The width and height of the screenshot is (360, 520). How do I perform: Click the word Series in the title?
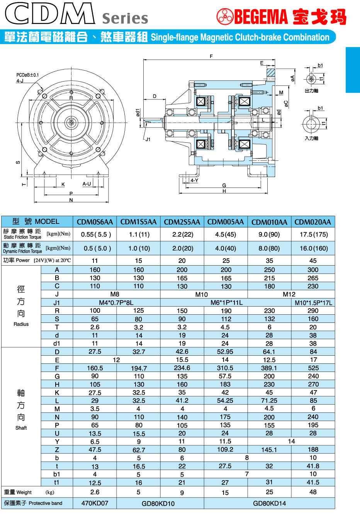(x=125, y=18)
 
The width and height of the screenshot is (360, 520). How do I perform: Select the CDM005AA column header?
(x=226, y=222)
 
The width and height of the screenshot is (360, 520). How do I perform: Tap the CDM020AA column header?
(x=312, y=222)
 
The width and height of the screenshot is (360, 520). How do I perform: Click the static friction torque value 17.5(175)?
(x=313, y=234)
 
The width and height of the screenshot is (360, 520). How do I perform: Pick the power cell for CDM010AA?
(x=269, y=261)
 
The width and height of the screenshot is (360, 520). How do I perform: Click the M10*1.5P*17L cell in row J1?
(x=313, y=303)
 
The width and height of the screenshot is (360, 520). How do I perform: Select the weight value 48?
(x=313, y=492)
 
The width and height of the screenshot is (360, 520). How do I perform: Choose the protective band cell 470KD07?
(x=95, y=503)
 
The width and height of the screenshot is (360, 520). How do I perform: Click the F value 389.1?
(x=269, y=368)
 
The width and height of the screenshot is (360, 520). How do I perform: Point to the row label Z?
(x=57, y=450)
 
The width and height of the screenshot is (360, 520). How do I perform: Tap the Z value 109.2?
(x=225, y=450)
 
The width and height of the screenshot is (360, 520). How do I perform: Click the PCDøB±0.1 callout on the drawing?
(x=27, y=75)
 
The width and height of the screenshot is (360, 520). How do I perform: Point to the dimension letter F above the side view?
(x=211, y=56)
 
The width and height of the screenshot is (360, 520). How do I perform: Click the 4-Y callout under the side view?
(x=194, y=181)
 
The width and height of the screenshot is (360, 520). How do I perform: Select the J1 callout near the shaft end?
(x=148, y=140)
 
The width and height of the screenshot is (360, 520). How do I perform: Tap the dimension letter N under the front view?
(x=71, y=200)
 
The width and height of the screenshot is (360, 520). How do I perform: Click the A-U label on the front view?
(x=87, y=184)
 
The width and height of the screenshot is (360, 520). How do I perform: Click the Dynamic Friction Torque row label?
(x=22, y=248)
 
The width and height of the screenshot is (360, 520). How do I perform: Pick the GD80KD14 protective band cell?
(x=269, y=503)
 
